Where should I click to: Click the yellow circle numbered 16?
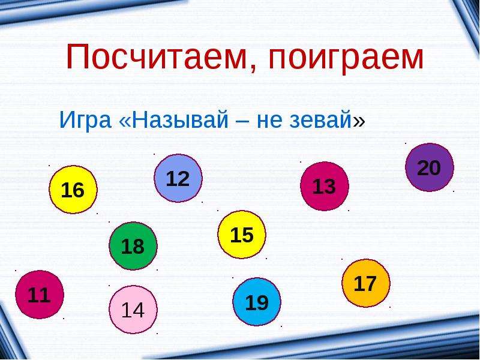point(73,190)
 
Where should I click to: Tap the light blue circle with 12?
point(178,178)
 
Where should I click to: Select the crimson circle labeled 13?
point(325,186)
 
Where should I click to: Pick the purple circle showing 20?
point(430,167)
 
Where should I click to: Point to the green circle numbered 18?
point(133,246)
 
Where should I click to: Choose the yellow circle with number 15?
point(242,235)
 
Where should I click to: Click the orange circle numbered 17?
point(366,283)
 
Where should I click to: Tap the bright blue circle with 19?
point(257,302)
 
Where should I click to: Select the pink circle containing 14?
point(133,310)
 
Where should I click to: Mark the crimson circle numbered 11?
point(40,295)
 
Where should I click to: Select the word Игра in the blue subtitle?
point(85,121)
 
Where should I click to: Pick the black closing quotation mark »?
point(359,121)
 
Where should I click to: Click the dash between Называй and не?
point(242,122)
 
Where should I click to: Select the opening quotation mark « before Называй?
point(125,121)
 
